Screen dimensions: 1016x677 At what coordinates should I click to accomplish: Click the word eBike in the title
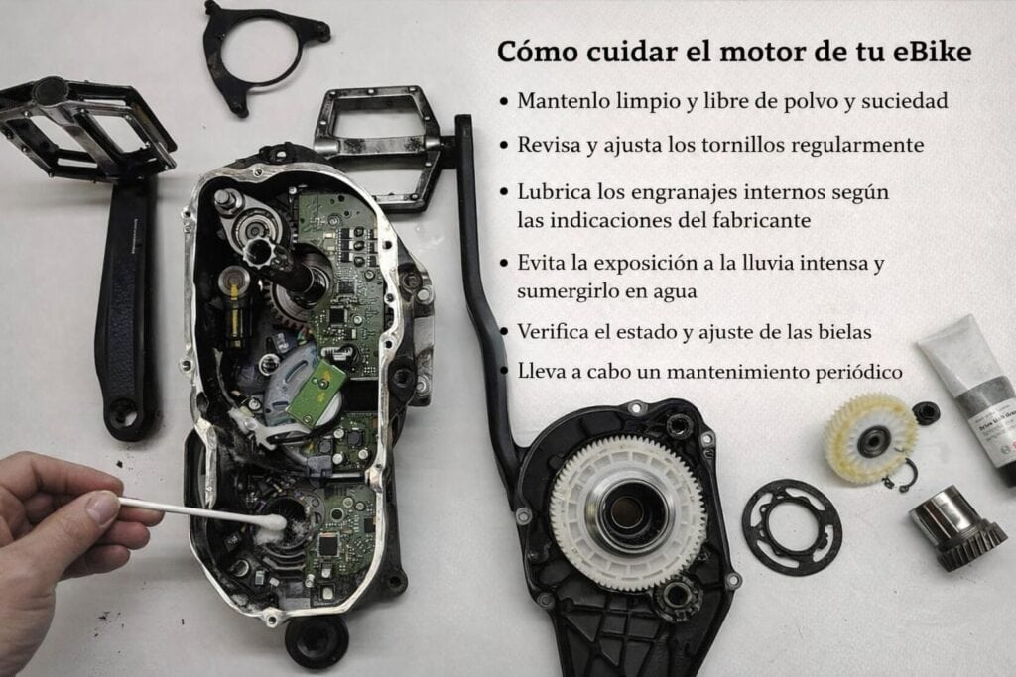(933, 52)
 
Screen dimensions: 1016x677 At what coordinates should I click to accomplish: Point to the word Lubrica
(554, 192)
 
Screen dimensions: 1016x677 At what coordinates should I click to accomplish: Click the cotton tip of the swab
(274, 522)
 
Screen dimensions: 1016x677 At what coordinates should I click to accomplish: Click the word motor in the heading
(761, 53)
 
